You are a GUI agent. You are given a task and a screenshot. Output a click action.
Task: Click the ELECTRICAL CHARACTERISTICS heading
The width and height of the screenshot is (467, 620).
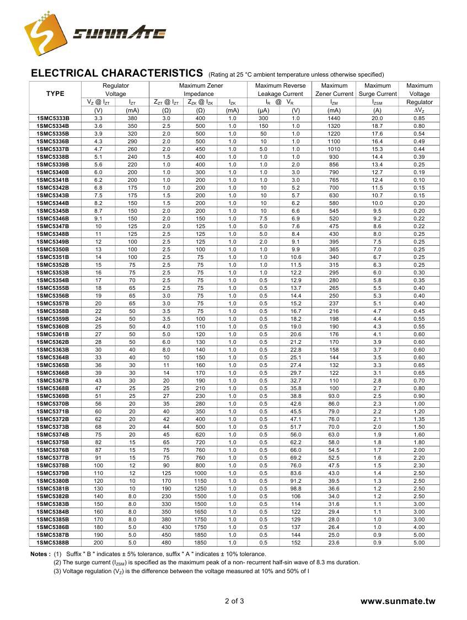tap(117, 73)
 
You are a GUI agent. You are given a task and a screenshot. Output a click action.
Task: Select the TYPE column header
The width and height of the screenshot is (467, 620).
tap(55, 94)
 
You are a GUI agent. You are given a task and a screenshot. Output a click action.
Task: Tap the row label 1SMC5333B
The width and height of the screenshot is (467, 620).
tap(53, 118)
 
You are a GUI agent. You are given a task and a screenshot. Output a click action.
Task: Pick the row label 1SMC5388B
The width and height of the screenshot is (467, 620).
tap(53, 543)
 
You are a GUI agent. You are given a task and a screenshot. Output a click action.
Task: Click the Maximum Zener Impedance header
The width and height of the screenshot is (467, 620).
tap(201, 90)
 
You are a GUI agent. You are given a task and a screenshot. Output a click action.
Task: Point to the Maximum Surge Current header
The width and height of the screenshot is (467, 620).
tap(378, 90)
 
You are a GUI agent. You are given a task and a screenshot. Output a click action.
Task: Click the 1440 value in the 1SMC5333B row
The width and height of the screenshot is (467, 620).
tap(334, 118)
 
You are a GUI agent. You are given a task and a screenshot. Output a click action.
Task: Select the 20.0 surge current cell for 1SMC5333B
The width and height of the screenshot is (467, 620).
tap(377, 118)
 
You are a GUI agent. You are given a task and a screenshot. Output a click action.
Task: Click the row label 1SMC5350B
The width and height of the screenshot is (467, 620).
tap(53, 250)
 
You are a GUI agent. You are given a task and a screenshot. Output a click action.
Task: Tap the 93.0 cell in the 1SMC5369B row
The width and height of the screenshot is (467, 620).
tap(334, 396)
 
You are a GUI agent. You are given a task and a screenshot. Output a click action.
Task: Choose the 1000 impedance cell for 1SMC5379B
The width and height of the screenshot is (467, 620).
tap(200, 473)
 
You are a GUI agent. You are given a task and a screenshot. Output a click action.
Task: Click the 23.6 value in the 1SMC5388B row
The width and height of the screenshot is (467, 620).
tap(334, 543)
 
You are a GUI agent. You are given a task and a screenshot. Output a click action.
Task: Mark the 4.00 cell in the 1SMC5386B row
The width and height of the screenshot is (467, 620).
tap(419, 527)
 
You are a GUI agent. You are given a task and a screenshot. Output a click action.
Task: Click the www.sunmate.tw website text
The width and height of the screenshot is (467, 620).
tap(398, 601)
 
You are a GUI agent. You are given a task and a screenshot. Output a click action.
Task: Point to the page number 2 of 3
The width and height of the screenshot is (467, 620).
tap(234, 601)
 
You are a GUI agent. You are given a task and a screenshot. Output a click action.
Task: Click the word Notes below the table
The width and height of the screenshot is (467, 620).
tap(40, 554)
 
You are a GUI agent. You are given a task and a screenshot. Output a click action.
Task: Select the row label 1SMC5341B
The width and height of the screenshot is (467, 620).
tap(53, 180)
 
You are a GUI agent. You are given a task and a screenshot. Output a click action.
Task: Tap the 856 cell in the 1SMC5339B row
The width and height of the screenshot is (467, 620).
tap(334, 165)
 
